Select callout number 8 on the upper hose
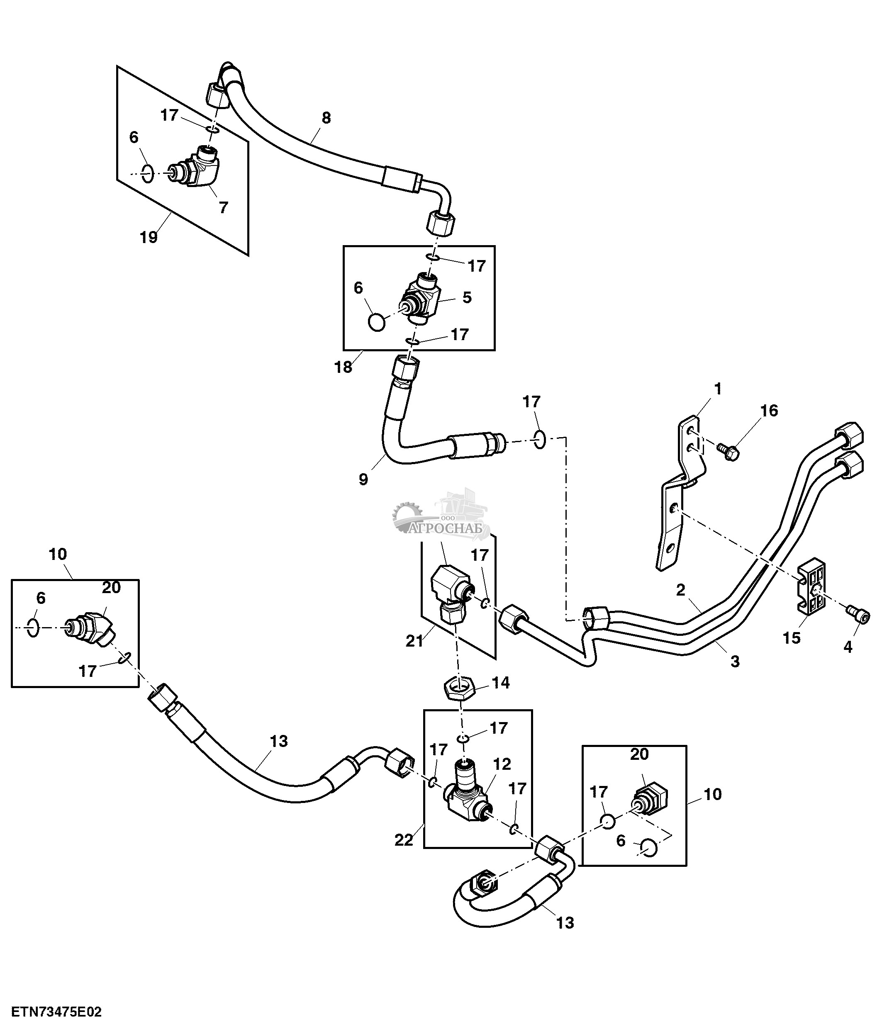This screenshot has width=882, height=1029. [326, 118]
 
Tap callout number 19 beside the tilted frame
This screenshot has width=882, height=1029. [149, 237]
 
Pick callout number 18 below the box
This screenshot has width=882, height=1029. [343, 367]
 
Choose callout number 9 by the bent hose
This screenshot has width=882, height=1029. [363, 479]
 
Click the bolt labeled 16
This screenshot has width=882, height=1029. [728, 451]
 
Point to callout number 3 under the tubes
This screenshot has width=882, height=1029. [734, 661]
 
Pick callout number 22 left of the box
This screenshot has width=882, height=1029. [403, 839]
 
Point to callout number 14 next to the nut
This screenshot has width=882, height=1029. [500, 682]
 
